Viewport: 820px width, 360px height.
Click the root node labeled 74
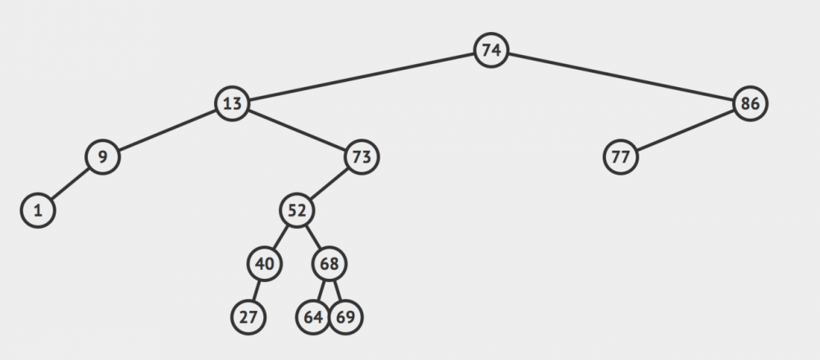(x=490, y=50)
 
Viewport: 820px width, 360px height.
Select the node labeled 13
(x=232, y=103)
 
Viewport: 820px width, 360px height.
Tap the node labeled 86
(x=750, y=103)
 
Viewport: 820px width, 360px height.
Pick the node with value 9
(x=102, y=157)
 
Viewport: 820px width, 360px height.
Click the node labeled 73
(x=362, y=157)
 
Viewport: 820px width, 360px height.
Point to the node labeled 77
(x=620, y=157)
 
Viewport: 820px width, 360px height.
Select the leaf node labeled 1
(x=38, y=211)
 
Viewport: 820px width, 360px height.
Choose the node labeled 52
(x=297, y=211)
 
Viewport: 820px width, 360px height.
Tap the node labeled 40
(x=265, y=264)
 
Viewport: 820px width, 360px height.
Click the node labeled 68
(x=329, y=264)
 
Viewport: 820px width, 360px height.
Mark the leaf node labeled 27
(x=248, y=317)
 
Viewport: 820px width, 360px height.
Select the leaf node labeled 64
(x=312, y=317)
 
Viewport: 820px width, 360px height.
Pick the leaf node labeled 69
(x=345, y=317)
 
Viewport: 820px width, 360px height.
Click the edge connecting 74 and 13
(x=362, y=77)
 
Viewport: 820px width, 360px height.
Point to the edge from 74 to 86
(x=620, y=77)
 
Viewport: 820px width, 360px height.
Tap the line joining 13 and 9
(x=167, y=130)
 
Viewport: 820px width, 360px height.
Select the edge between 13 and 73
(x=297, y=130)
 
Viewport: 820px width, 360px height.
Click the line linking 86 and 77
(x=685, y=130)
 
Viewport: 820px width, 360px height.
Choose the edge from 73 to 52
(x=329, y=184)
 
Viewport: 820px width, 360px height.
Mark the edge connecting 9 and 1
(x=70, y=184)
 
